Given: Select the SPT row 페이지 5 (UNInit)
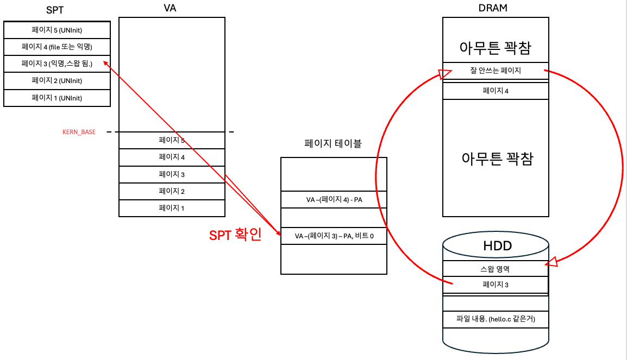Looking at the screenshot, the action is (x=57, y=29).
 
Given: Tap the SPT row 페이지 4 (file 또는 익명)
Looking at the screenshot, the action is (x=57, y=46).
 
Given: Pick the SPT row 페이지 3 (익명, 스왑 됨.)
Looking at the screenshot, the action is (x=57, y=64).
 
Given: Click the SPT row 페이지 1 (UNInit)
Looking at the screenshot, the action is (x=57, y=98).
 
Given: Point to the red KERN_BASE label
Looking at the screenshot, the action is (x=79, y=132).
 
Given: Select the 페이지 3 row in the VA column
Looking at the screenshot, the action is (x=172, y=174).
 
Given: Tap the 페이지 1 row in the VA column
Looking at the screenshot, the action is (x=172, y=208).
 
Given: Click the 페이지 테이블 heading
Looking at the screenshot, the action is (x=333, y=144).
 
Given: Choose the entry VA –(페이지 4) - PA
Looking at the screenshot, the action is (x=334, y=200).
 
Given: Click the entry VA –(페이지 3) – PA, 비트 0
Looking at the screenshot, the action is (x=334, y=236).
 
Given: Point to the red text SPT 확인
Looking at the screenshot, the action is (x=235, y=235).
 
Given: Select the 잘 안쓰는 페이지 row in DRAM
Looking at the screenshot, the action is (x=496, y=70).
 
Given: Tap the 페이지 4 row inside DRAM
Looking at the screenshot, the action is (x=496, y=91).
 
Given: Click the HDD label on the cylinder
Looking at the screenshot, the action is (x=497, y=246).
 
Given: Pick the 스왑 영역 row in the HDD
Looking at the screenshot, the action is (x=496, y=268).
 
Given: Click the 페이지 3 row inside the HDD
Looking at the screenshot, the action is (x=496, y=285).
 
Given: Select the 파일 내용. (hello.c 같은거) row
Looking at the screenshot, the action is (x=496, y=319).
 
